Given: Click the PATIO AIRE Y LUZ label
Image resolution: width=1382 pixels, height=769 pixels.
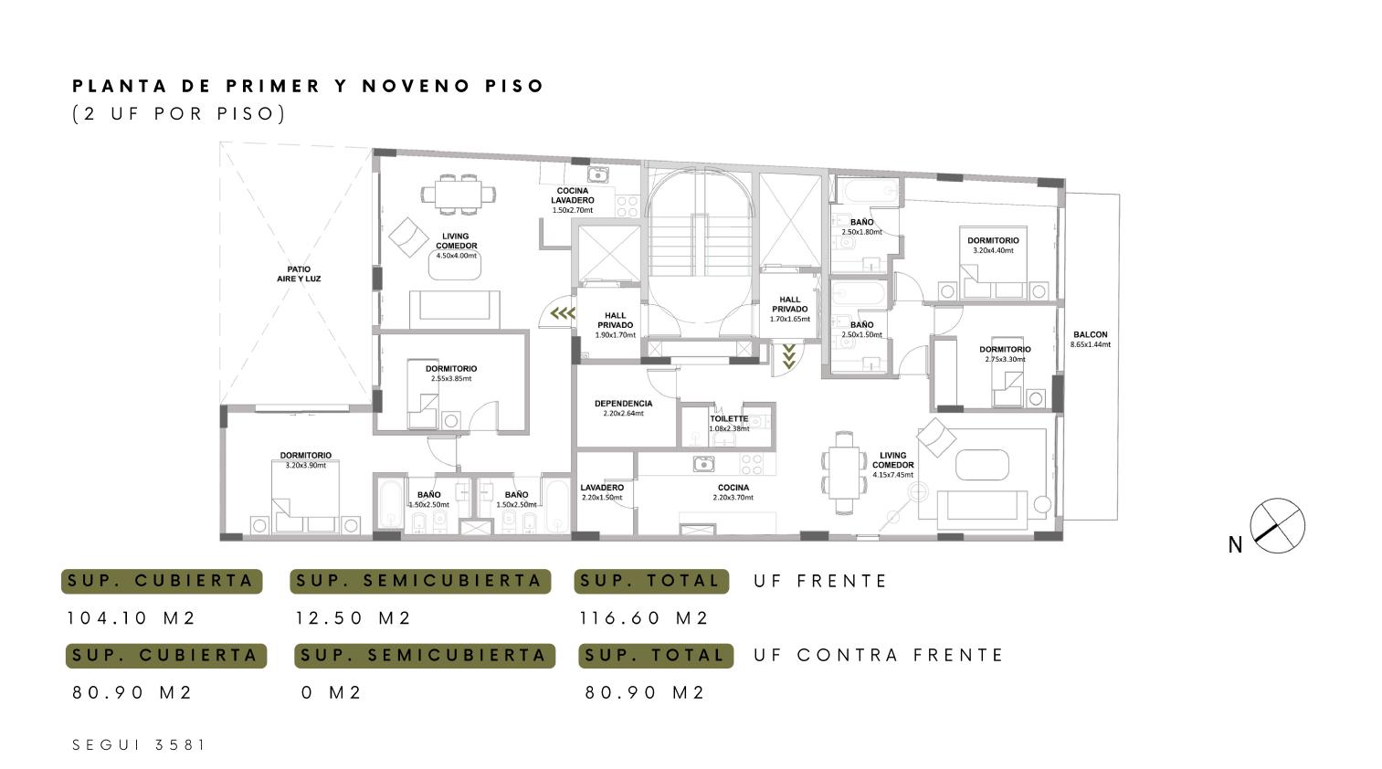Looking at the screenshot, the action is [x=299, y=274].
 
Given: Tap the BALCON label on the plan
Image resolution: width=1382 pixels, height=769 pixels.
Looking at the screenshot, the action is [x=1091, y=335].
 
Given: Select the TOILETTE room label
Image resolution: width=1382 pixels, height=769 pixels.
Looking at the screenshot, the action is [x=729, y=418].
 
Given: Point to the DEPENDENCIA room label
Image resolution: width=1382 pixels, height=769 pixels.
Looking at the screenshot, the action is [x=623, y=404].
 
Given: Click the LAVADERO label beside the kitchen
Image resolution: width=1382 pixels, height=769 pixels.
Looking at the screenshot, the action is [x=602, y=488].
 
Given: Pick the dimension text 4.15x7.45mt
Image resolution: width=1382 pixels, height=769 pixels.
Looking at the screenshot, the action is [x=892, y=475].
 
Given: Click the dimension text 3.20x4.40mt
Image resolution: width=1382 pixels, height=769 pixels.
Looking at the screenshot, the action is [x=993, y=250].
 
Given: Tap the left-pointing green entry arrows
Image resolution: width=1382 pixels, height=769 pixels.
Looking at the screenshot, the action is [x=563, y=314].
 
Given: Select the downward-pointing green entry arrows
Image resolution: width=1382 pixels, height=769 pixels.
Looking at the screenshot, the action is [x=788, y=357].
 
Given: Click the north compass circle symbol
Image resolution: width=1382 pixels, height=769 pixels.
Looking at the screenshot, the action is [x=1277, y=525].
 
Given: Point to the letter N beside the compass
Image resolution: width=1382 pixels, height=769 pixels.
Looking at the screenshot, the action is [x=1235, y=545].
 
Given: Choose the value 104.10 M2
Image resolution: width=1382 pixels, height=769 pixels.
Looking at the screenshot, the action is [x=132, y=618].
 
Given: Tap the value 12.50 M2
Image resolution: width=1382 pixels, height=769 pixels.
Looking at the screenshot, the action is [x=353, y=618].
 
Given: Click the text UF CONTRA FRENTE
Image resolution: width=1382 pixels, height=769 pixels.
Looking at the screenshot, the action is [x=879, y=655].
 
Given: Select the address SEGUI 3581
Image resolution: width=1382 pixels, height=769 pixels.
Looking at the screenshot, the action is [x=139, y=745].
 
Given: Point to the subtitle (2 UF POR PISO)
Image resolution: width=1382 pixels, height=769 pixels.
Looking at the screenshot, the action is [x=179, y=113].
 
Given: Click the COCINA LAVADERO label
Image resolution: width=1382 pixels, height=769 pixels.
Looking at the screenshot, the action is [x=573, y=195].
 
